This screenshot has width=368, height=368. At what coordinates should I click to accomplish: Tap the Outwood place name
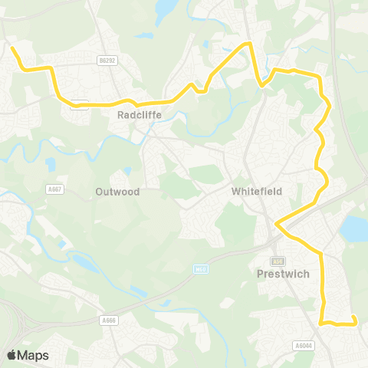click(117, 192)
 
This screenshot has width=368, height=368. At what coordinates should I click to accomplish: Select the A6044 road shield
click(303, 345)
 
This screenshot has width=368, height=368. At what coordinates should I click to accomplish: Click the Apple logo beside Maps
click(12, 355)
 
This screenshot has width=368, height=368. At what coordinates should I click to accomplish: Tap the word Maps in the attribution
click(34, 355)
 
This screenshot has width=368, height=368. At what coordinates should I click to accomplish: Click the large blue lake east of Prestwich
click(353, 228)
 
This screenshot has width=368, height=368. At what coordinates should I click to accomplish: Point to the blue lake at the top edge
click(165, 9)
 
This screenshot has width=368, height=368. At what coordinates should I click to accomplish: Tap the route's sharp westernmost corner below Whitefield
click(276, 224)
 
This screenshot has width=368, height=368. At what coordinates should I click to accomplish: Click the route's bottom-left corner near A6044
click(322, 323)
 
